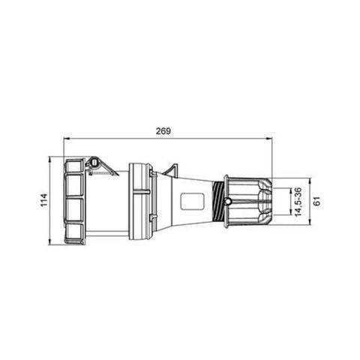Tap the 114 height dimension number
[x=43, y=200]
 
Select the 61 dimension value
[x=317, y=200]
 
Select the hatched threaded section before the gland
[x=220, y=200]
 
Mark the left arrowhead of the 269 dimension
[x=67, y=139]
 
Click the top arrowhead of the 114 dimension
[x=50, y=159]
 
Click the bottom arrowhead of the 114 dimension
[x=50, y=242]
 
